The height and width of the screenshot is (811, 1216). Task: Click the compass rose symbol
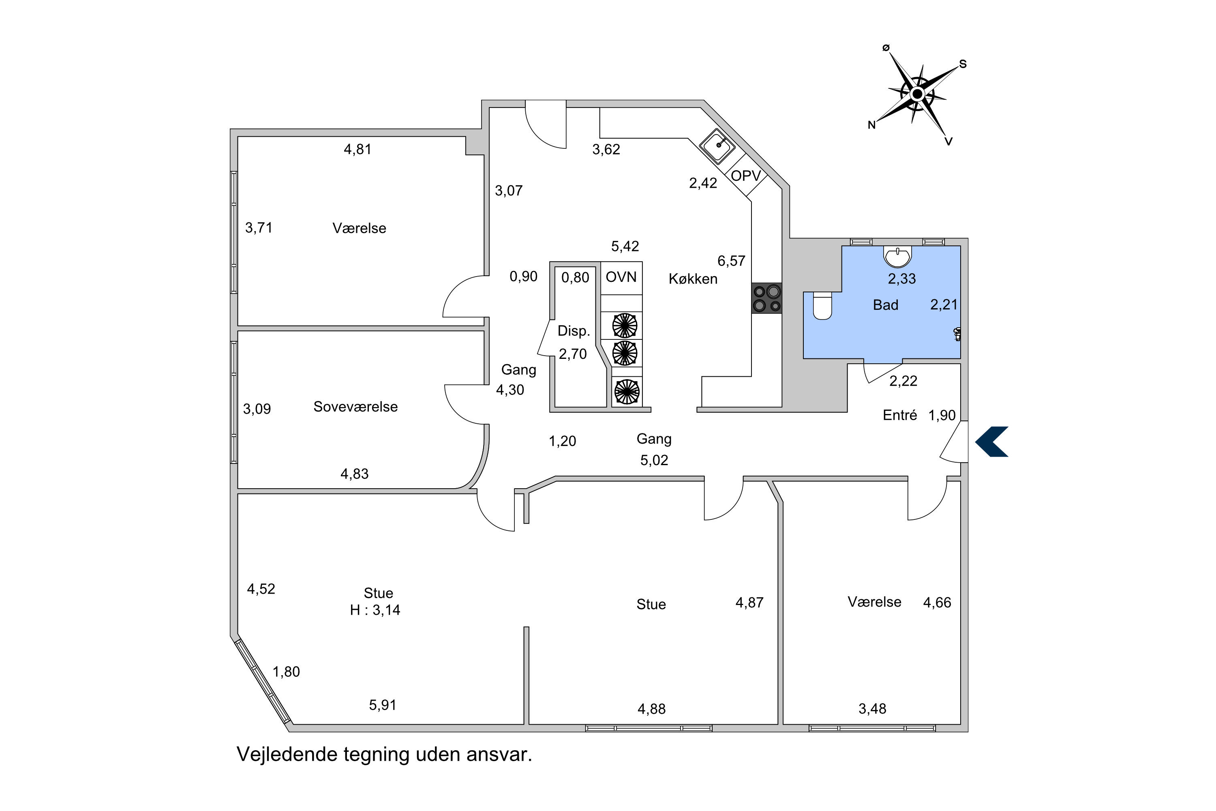pos(917,94)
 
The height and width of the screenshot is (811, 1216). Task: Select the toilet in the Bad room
pos(822,306)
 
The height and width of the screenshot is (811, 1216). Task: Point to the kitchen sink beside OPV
pos(717,146)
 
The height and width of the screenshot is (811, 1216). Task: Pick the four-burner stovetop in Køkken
pos(767,298)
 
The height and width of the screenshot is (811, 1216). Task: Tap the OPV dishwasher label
pos(745,176)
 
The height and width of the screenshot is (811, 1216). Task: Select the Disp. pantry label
pos(574,331)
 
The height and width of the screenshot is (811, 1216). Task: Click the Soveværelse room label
pos(356,407)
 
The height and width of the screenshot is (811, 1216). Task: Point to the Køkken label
pos(693,279)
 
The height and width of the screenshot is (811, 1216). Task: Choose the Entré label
pos(899,415)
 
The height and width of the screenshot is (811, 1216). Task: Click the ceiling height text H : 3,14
pos(375,610)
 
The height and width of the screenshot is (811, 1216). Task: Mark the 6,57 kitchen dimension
pos(731,261)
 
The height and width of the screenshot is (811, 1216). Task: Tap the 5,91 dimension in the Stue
pos(383,705)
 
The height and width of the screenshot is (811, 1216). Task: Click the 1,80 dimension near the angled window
pos(286,672)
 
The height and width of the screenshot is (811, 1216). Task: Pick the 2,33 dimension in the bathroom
pos(901,279)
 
